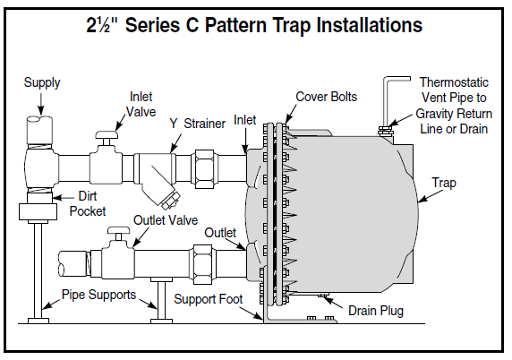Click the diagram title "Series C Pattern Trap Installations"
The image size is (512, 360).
[255, 24]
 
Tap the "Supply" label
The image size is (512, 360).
[42, 82]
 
